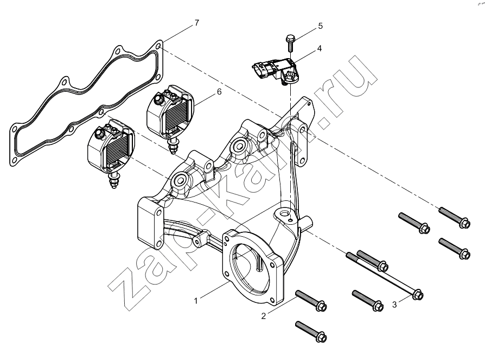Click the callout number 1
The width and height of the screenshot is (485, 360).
(195, 301)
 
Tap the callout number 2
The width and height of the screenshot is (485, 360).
(263, 316)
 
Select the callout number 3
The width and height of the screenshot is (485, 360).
(394, 305)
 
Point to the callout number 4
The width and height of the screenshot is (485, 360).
(319, 48)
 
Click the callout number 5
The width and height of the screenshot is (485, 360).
(321, 26)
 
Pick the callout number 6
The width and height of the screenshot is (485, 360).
(219, 92)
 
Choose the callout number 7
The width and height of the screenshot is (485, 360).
(197, 23)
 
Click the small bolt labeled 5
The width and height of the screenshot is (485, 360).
(290, 43)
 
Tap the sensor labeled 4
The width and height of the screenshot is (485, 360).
(275, 72)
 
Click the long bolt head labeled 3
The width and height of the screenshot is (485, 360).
(418, 294)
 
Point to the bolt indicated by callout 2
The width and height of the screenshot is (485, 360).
(311, 300)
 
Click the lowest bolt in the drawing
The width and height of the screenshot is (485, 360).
(311, 331)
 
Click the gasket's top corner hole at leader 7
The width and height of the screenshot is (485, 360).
(158, 47)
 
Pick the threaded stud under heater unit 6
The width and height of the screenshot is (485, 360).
(173, 146)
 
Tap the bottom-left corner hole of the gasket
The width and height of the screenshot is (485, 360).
(14, 161)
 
